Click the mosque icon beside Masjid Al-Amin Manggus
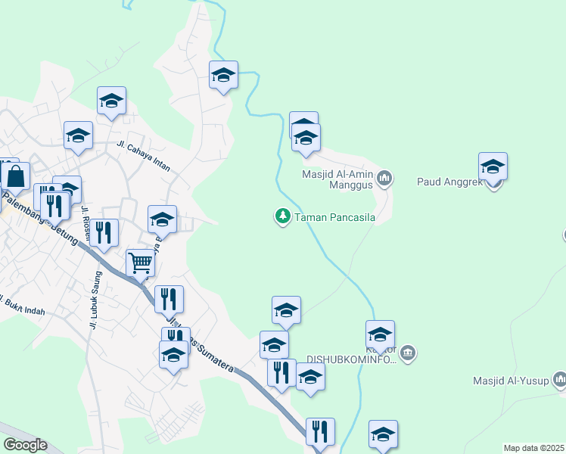384,179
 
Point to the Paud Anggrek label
447,182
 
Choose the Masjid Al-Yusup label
511,380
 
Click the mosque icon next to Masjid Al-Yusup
559,378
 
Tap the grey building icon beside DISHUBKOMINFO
408,353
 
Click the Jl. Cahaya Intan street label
143,156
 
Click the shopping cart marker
141,264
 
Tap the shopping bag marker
15,176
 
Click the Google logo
24,445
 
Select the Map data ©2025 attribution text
533,448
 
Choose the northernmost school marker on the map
223,76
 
